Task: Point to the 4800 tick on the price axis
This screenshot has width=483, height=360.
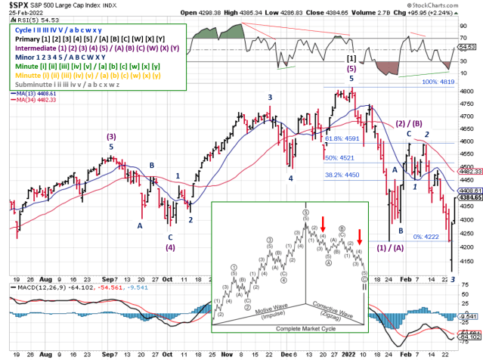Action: [x=469, y=91]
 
